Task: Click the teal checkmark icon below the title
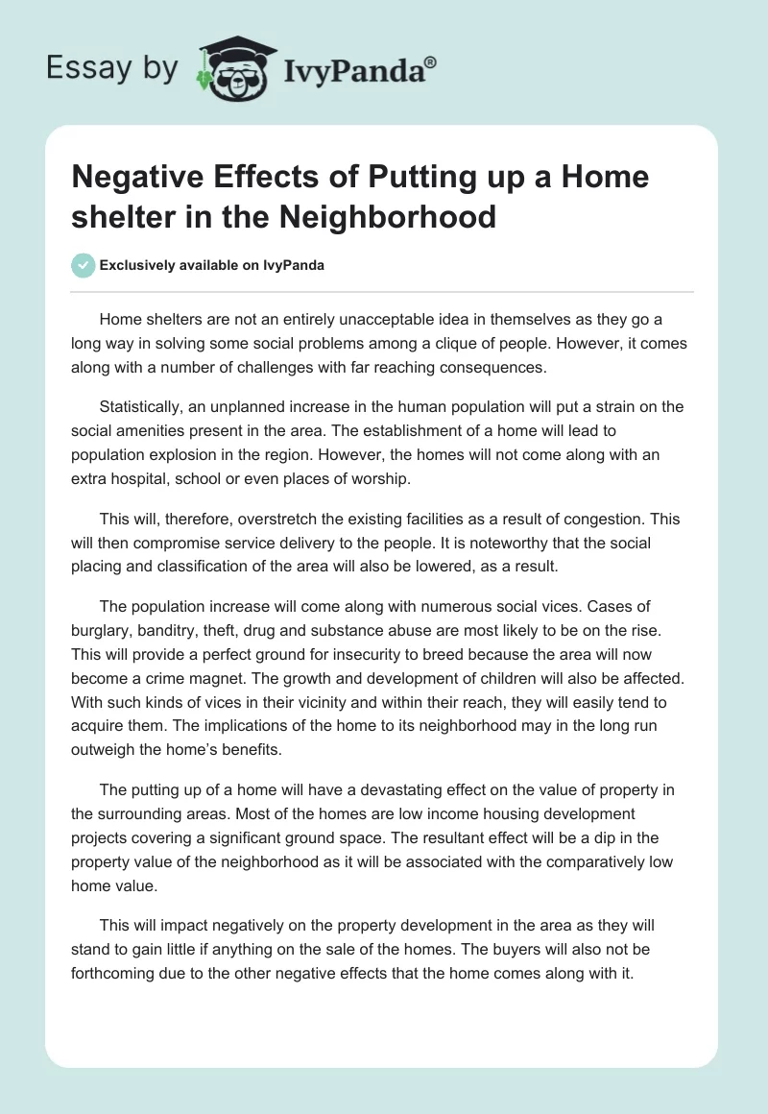point(84,265)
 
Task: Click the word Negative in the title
point(141,178)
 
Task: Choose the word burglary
point(99,631)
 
